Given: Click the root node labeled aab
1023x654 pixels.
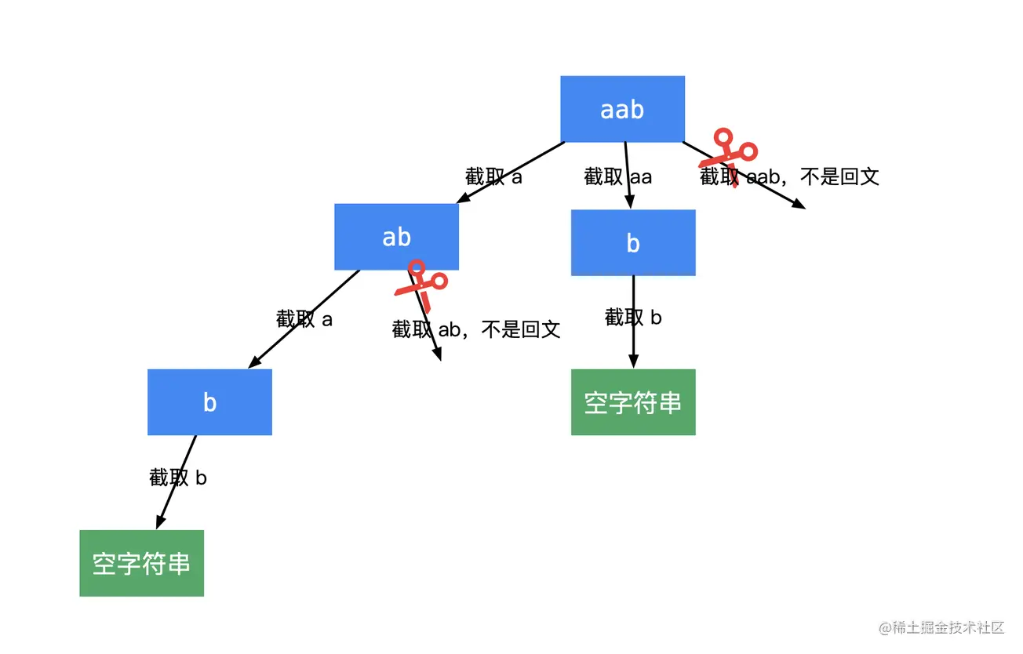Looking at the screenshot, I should [622, 109].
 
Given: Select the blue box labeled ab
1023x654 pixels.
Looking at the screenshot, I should [396, 237].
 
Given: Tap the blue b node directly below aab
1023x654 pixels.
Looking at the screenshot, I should [633, 242].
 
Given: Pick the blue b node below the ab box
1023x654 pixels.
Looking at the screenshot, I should [209, 401].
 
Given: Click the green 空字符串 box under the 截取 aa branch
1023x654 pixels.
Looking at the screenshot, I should [633, 401].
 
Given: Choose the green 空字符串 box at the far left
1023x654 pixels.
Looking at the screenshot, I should [141, 563].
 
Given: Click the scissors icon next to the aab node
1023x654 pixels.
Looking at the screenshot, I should [729, 156].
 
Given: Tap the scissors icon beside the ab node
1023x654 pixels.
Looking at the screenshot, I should [421, 284].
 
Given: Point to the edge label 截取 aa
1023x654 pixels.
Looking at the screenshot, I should [617, 176].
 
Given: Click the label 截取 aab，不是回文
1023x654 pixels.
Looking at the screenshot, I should [789, 176].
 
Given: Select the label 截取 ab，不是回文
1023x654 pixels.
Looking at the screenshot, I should [476, 329].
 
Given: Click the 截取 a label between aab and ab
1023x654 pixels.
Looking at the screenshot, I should [493, 176].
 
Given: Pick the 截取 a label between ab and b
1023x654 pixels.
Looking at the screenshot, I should [304, 319].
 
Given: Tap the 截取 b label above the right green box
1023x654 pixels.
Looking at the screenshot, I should [633, 318].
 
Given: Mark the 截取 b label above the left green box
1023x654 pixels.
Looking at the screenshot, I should [178, 478].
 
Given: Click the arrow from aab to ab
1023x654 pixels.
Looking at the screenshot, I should [510, 173].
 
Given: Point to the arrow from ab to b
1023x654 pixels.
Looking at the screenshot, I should [304, 318].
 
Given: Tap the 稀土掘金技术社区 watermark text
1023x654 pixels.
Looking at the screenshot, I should [941, 627].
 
